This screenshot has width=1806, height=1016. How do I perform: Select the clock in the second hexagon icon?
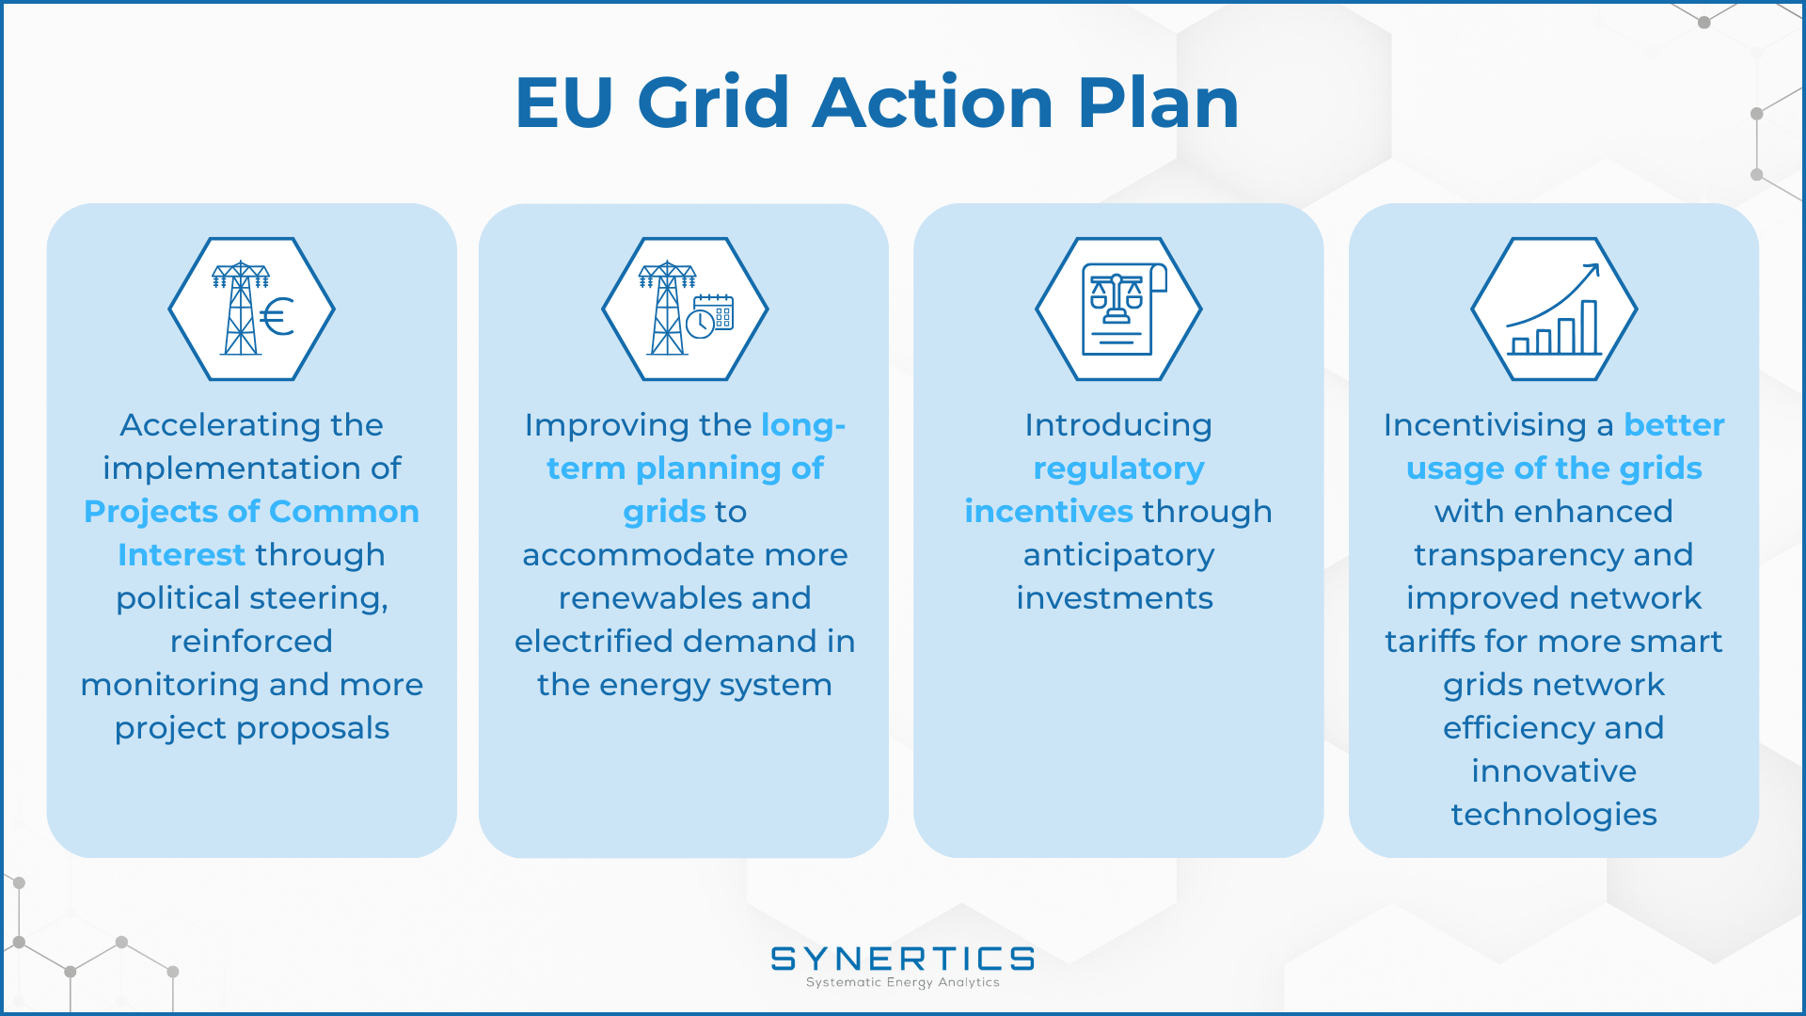click(x=700, y=324)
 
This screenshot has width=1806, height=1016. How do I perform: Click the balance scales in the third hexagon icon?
click(x=1117, y=299)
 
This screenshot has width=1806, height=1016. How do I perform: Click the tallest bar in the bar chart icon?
click(x=1589, y=327)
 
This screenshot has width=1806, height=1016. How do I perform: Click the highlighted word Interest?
click(x=182, y=555)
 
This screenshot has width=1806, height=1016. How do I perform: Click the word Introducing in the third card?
click(x=1118, y=426)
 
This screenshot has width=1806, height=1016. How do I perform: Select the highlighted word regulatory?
click(x=1118, y=469)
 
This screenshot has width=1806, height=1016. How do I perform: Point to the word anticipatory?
click(x=1118, y=556)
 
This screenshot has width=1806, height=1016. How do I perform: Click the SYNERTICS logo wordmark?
click(x=902, y=959)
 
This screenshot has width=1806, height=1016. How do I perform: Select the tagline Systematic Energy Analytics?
click(x=902, y=982)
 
